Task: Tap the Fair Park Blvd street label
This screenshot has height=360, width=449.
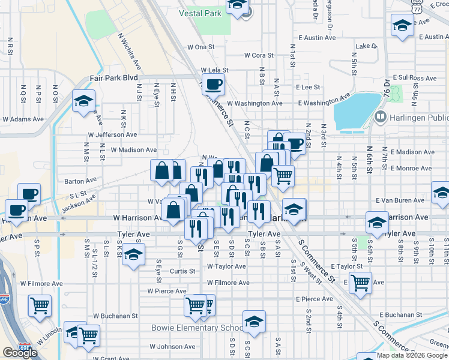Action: (113, 78)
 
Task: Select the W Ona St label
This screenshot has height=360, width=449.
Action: (200, 46)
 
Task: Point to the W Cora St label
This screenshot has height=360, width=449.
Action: (259, 55)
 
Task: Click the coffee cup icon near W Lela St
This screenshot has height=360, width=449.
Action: (213, 83)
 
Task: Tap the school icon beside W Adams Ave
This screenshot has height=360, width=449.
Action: (83, 100)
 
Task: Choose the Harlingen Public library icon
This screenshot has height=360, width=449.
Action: (380, 116)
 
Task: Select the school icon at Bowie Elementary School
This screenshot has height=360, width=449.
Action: (254, 322)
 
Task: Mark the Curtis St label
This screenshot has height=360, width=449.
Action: (182, 271)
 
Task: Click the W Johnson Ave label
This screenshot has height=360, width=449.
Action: (174, 346)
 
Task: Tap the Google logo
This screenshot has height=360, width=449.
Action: (20, 353)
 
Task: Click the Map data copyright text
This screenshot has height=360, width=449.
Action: (412, 355)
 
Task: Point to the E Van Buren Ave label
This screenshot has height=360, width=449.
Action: (400, 200)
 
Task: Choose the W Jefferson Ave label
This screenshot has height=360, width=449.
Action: (112, 135)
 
